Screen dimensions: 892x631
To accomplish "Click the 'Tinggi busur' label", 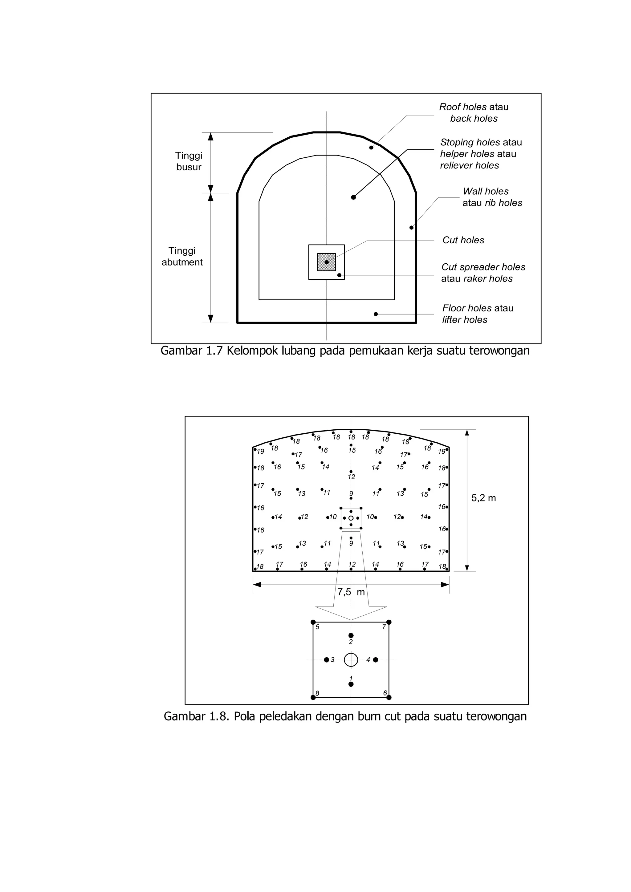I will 189,161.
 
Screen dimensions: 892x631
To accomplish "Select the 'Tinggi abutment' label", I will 182,256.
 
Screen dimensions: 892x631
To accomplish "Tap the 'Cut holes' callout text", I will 463,240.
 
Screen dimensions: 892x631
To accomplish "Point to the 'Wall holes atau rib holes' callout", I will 492,197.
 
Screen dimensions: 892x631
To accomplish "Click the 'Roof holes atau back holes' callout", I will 474,113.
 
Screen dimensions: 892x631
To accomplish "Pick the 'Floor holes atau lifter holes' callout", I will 478,314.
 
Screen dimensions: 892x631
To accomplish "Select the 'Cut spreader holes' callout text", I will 483,267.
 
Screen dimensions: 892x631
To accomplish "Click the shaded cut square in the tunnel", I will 326,262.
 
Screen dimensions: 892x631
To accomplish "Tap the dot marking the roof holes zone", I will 371,148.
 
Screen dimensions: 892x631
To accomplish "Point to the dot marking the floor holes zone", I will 376,314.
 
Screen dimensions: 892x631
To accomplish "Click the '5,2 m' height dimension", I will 483,498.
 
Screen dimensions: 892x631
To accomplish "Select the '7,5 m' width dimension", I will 351,592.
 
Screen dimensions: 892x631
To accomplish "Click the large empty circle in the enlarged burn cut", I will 351,659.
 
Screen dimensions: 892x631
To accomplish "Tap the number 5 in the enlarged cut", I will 317,627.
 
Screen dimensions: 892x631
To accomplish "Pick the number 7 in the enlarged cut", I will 384,627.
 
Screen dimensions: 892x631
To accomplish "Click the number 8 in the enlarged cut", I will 317,693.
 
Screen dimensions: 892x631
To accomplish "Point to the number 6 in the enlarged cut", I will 385,693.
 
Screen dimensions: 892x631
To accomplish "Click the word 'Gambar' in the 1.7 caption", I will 180,351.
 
